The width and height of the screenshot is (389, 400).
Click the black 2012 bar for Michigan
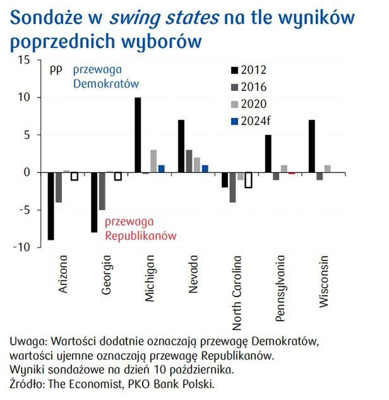click(138, 135)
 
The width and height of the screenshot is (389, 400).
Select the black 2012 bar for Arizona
click(51, 206)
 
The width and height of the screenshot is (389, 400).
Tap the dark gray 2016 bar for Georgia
click(101, 191)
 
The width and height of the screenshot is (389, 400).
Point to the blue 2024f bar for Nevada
click(205, 168)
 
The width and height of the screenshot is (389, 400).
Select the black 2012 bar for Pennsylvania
click(268, 153)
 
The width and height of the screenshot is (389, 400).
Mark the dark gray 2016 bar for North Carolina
click(232, 187)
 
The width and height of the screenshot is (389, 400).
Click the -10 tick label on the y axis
click(22, 247)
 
